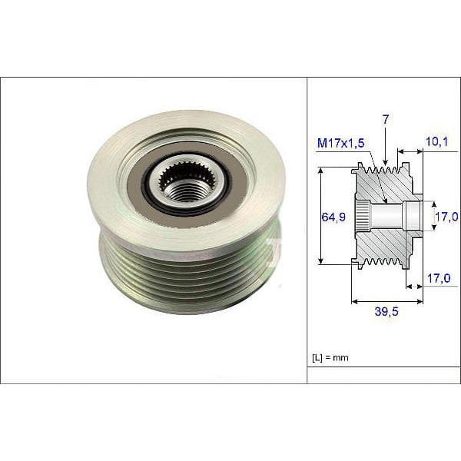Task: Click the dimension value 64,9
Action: click(333, 217)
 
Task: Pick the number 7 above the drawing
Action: click(384, 120)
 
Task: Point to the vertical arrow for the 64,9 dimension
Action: click(320, 217)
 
